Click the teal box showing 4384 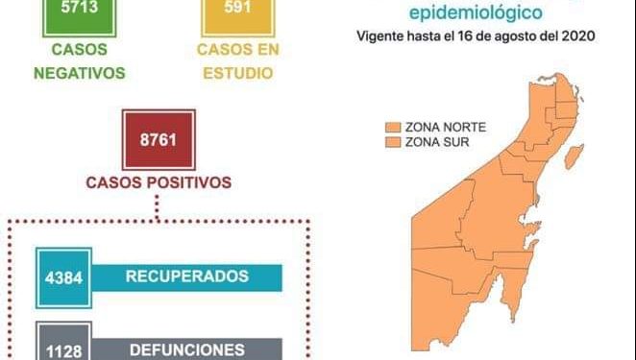point(62,276)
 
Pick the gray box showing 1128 point(62,348)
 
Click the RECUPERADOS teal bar point(187,276)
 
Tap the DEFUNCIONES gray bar point(187,348)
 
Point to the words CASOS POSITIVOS point(158,181)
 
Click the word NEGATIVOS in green point(81,73)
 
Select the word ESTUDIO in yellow point(234,73)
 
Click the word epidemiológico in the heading point(476,12)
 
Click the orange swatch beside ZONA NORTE point(393,127)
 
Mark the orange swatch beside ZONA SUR point(393,142)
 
